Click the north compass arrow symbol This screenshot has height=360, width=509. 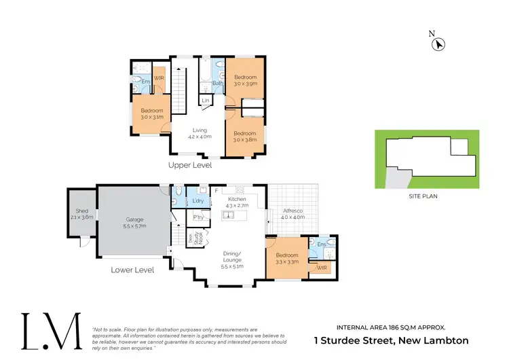439,44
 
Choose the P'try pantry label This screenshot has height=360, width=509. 199,217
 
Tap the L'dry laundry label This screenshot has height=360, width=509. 198,202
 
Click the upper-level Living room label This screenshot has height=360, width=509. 200,130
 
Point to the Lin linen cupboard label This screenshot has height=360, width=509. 204,101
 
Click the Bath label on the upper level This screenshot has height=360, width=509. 218,84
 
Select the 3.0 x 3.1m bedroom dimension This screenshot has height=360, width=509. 152,117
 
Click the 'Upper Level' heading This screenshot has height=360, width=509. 190,165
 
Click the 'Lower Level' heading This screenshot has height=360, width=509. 132,270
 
